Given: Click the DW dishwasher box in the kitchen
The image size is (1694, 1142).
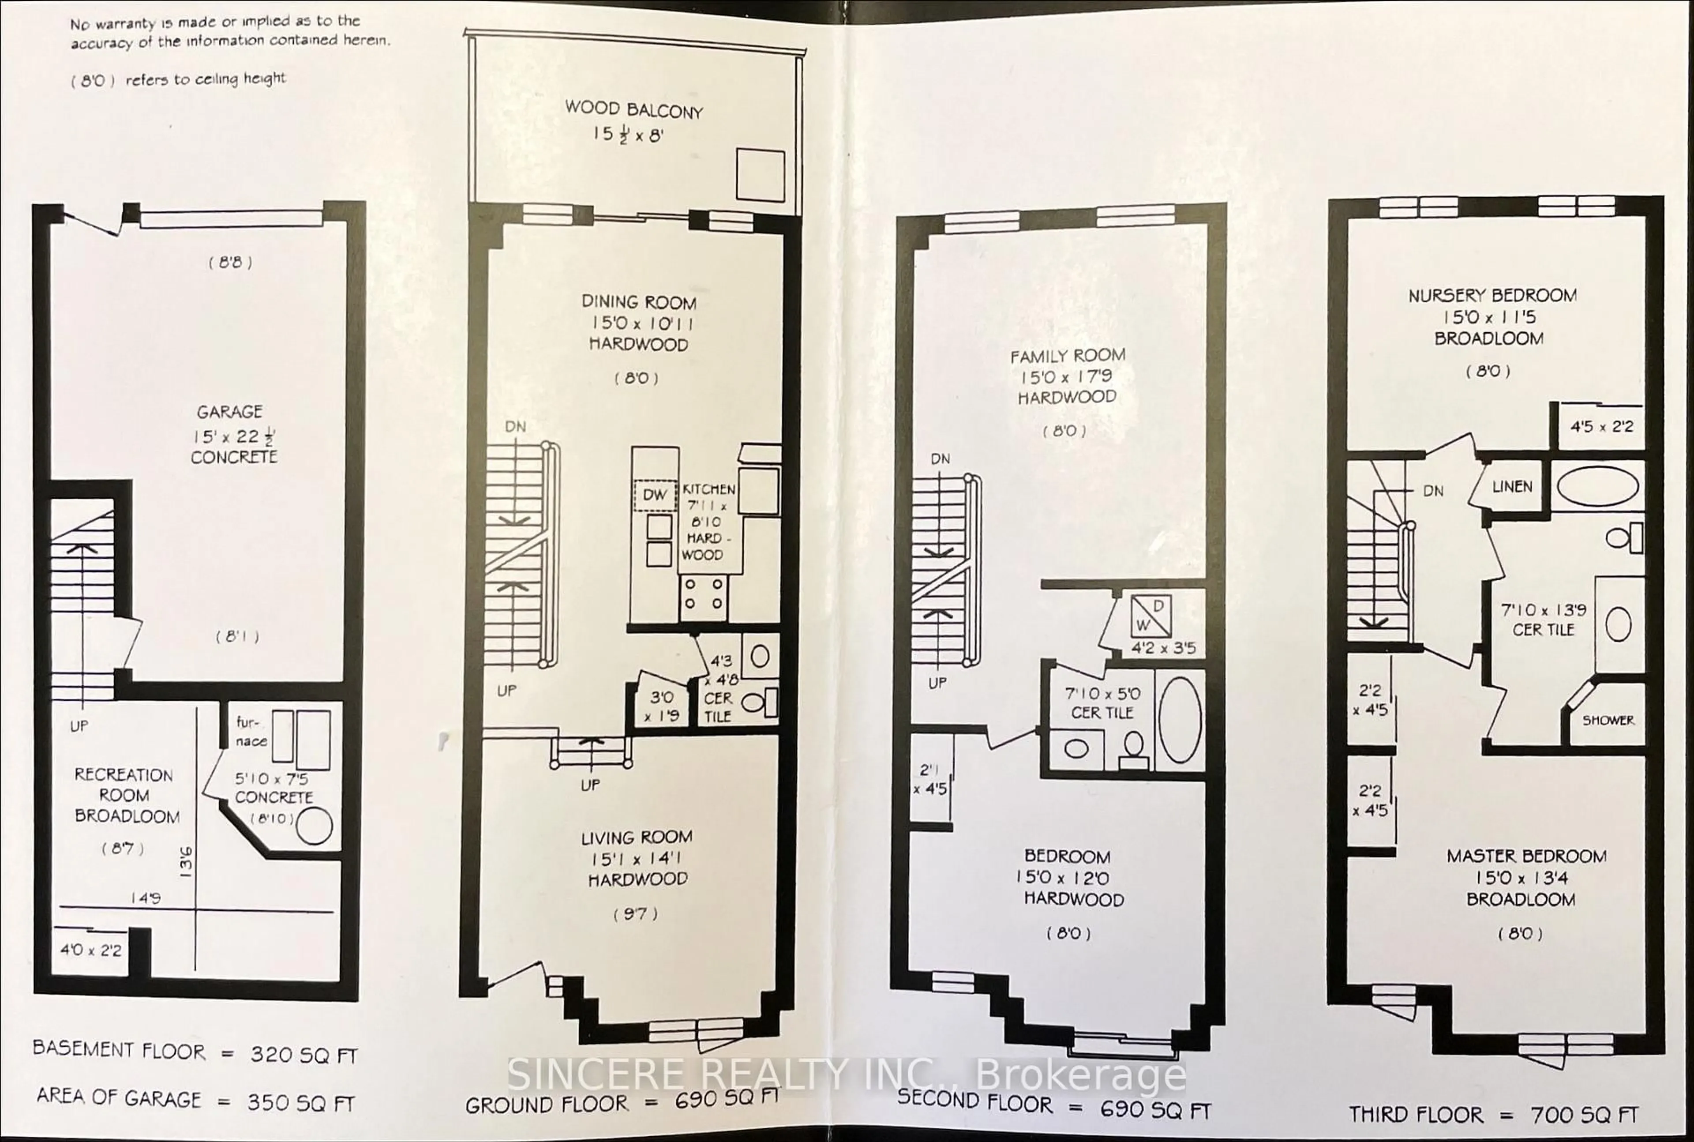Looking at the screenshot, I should [x=655, y=495].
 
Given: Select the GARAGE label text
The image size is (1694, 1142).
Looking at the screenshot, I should [x=229, y=412].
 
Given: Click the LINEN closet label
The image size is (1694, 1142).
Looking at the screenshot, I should [x=1512, y=487].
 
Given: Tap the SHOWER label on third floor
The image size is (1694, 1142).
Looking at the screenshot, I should [x=1608, y=720].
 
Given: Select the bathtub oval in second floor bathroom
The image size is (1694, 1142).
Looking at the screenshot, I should [x=1179, y=720].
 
